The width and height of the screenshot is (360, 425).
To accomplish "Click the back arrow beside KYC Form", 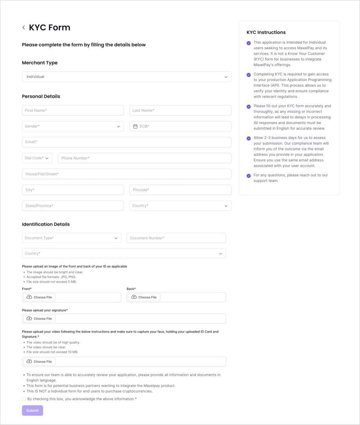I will click(24, 27).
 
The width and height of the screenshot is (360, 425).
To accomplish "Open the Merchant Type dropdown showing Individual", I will click(127, 77).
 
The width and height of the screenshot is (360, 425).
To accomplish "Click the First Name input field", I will click(73, 110).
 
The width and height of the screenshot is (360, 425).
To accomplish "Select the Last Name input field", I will click(180, 110).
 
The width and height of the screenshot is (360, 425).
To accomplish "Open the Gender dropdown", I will click(73, 126).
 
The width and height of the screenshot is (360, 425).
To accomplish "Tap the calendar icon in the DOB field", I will click(135, 126).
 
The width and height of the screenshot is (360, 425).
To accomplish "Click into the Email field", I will click(127, 142).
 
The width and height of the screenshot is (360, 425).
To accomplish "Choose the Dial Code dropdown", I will click(37, 158).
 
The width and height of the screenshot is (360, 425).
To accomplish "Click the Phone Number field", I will click(144, 158).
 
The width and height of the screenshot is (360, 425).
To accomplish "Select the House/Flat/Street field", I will click(127, 174).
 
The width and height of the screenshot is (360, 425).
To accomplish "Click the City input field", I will click(73, 190).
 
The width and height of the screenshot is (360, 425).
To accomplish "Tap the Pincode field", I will click(180, 190).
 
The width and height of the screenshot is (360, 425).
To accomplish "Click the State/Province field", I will click(73, 206).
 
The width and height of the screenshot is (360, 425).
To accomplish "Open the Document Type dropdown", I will click(71, 238).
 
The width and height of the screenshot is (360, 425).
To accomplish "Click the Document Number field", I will click(176, 238).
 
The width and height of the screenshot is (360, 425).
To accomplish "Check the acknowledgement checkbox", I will click(24, 399).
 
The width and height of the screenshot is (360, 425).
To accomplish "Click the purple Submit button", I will click(32, 411).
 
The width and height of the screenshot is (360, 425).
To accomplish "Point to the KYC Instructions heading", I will click(266, 32).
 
